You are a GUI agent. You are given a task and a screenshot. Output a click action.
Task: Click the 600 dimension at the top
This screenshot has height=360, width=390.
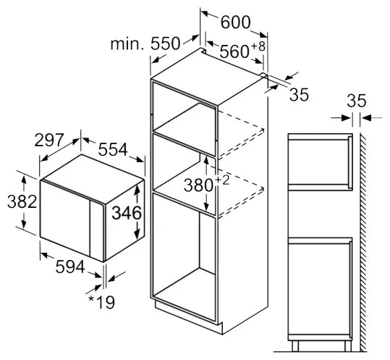point(235,22)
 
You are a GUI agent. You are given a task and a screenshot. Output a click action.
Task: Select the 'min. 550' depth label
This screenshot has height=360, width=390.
point(145,43)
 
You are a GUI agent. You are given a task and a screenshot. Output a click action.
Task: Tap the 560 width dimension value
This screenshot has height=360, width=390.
point(234,51)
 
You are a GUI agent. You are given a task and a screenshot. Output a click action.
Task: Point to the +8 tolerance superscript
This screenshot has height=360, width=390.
point(258,46)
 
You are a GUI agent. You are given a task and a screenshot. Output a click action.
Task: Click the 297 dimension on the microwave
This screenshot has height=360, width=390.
point(49,140)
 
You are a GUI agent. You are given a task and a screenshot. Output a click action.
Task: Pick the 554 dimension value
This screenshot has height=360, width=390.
point(113,149)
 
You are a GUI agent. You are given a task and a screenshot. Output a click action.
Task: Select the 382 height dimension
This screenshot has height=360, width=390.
point(22,201)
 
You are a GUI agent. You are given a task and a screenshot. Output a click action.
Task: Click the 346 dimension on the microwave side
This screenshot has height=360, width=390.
point(127,213)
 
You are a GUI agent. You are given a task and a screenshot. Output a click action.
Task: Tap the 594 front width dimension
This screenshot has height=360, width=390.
point(70,267)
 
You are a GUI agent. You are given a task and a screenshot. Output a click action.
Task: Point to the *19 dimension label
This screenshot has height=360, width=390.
point(101,302)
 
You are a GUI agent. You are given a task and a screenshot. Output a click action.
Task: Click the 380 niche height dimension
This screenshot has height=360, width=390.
point(198,185)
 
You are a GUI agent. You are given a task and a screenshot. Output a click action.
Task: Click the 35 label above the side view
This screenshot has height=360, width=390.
point(357,101)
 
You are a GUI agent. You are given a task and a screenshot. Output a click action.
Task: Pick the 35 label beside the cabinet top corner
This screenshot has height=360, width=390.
point(299,95)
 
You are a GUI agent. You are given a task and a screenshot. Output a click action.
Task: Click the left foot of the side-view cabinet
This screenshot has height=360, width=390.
point(295,346)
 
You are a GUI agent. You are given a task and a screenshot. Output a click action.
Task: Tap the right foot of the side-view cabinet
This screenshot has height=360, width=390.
point(348,346)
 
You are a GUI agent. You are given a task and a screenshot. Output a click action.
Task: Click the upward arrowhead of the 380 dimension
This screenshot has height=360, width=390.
point(206,160)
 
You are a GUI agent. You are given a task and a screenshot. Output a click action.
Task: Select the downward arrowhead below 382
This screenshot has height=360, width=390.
point(24,224)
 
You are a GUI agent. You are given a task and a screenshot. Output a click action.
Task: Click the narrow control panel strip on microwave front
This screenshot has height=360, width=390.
point(97,230)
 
